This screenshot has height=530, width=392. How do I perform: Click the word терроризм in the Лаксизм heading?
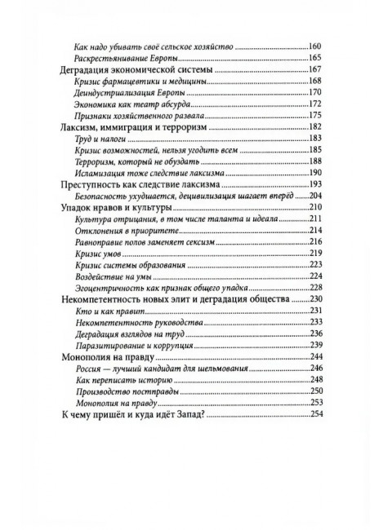point(184,129)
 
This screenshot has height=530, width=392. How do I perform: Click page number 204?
point(316,197)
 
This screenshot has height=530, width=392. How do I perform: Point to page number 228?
point(316,288)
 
